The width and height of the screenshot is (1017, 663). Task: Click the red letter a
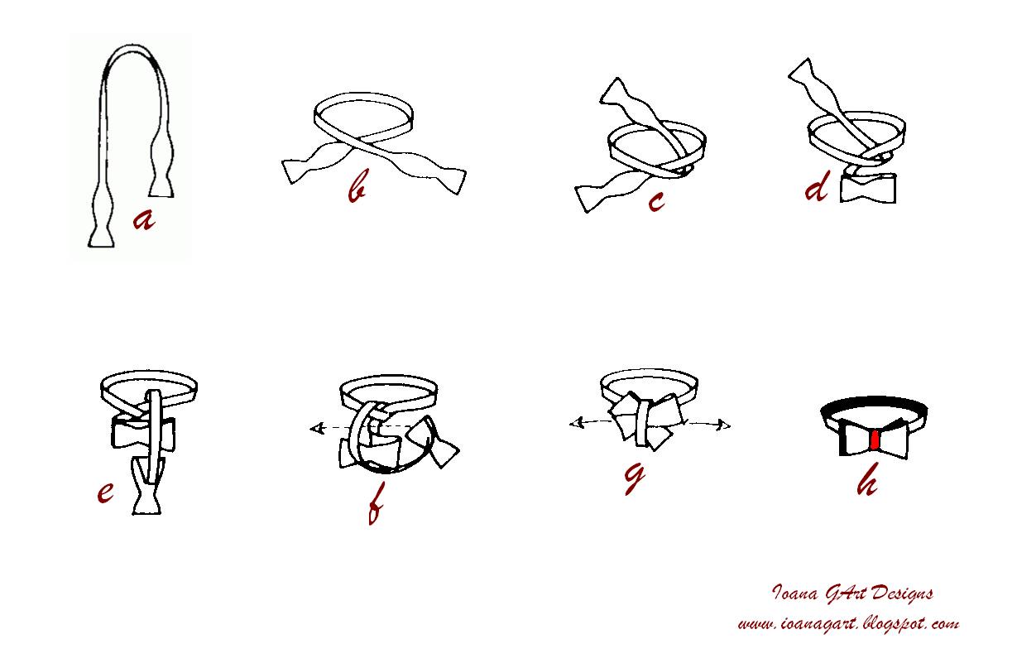144,220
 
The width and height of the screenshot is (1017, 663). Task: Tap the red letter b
357,185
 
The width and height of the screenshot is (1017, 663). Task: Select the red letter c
656,201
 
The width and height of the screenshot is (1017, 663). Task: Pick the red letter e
105,492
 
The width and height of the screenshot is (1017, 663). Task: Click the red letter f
376,503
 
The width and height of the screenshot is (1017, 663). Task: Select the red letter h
866,478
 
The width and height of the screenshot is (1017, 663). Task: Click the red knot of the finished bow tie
875,440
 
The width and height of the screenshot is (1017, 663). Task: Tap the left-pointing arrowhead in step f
316,428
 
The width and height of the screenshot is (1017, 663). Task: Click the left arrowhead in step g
577,424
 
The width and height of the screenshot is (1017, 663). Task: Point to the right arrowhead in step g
723,425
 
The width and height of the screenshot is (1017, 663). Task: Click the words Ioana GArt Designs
852,593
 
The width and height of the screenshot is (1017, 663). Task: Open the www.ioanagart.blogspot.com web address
848,623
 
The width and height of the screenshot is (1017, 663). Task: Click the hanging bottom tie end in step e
146,486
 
